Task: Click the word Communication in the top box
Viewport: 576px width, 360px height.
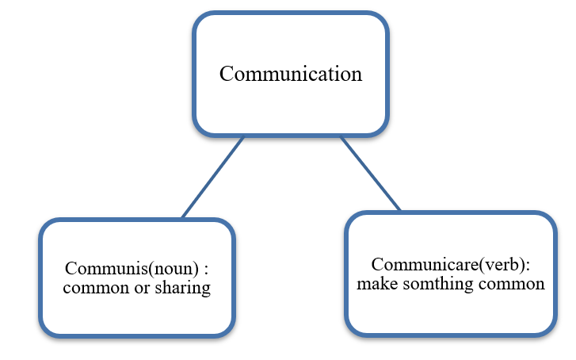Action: click(x=290, y=74)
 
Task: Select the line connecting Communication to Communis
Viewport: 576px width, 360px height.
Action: click(x=212, y=178)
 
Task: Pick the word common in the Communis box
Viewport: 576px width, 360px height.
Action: click(x=90, y=288)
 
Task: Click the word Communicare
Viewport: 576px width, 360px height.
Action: click(x=412, y=265)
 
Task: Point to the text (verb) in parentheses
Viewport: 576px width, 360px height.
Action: click(x=477, y=265)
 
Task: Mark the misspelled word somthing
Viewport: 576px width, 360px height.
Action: click(x=435, y=284)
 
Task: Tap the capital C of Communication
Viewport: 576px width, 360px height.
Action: click(x=226, y=74)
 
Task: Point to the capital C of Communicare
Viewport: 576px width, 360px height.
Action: click(x=377, y=265)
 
